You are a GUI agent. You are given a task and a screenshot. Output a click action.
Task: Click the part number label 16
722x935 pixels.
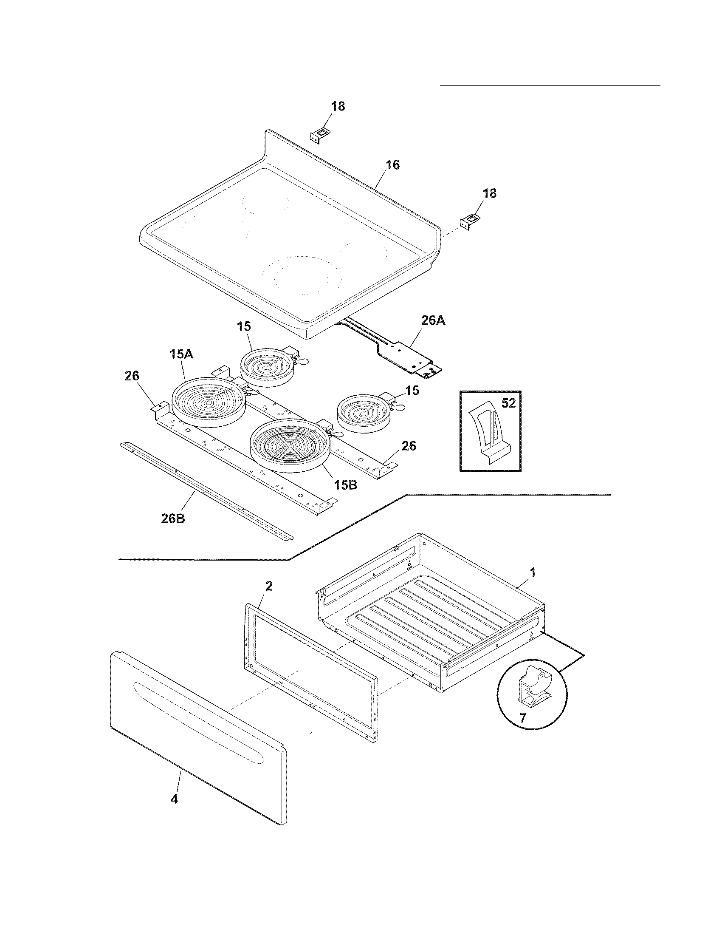tap(393, 165)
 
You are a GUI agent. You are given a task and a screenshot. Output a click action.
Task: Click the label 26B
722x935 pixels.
tap(173, 518)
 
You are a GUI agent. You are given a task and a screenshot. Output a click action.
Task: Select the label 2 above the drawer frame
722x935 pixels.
tap(268, 586)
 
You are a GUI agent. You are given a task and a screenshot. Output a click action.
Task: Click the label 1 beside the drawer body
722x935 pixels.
tap(533, 572)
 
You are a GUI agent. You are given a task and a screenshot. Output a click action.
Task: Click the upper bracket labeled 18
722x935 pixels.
tap(317, 136)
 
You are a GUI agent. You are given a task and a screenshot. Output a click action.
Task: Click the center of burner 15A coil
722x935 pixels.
tap(209, 402)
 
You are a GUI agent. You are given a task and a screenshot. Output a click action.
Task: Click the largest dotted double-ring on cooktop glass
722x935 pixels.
tap(302, 275)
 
